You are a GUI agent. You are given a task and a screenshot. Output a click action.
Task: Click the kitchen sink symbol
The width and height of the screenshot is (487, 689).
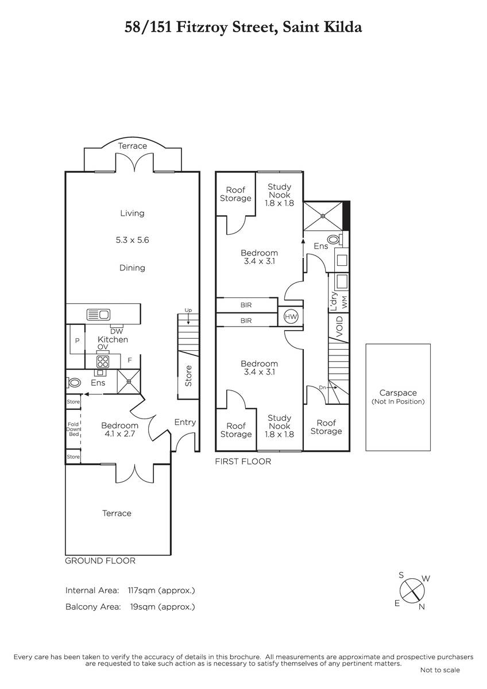(98, 315)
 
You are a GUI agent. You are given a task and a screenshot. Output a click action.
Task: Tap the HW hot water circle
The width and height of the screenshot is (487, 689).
(291, 316)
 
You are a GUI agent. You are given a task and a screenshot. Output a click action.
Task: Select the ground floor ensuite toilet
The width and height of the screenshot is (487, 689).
(73, 383)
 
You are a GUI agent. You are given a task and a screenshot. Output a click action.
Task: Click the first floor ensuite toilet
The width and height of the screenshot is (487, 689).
(334, 239)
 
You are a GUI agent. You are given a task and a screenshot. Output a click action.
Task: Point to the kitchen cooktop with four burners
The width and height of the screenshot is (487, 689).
(103, 361)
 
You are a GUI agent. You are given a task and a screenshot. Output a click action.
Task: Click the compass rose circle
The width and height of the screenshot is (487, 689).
(412, 591)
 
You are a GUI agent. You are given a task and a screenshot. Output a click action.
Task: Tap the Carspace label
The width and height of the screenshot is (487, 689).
(398, 393)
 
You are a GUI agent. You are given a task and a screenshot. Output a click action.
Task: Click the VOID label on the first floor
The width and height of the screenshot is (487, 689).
(339, 326)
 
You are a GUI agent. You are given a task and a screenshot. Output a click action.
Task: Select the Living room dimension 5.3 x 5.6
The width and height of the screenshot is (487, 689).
(132, 240)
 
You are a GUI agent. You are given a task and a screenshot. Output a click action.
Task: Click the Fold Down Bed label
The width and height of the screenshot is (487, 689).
(74, 429)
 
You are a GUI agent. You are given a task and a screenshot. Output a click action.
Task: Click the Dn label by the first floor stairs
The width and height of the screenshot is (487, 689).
(322, 388)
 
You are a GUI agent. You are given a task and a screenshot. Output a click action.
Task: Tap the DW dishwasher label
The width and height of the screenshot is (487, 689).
(116, 331)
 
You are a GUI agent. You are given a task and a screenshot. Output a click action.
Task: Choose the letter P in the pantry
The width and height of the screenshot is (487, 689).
(77, 340)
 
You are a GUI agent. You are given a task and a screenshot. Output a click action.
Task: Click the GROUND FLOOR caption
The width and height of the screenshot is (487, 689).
(101, 561)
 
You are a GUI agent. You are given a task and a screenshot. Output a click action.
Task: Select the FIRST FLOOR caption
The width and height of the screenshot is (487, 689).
(243, 462)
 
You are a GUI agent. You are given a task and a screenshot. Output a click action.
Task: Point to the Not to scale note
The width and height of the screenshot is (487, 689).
(440, 667)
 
